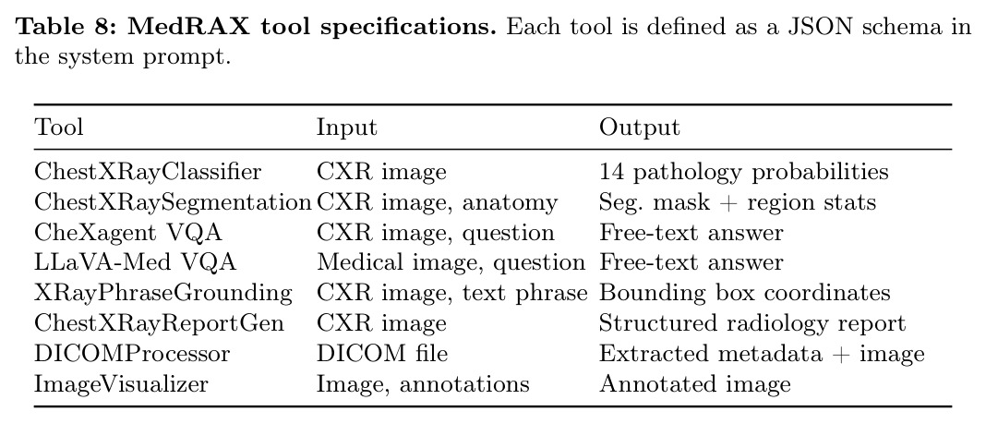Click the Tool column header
[x=58, y=127]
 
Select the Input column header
[x=346, y=127]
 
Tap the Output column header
[x=639, y=127]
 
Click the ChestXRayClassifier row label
[x=148, y=172]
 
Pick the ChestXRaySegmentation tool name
[x=173, y=202]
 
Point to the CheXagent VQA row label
[x=128, y=232]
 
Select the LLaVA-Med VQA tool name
[x=135, y=262]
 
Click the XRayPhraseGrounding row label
[x=163, y=293]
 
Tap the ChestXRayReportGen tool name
[x=159, y=322]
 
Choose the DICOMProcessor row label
[x=132, y=353]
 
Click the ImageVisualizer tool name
[x=121, y=383]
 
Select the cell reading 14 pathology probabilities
[x=744, y=172]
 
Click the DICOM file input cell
[x=382, y=353]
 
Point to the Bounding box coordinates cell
[x=744, y=293]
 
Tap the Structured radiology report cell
[x=752, y=322]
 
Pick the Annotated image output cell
[x=695, y=383]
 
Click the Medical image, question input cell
[x=451, y=262]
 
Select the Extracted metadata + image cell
[x=763, y=353]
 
